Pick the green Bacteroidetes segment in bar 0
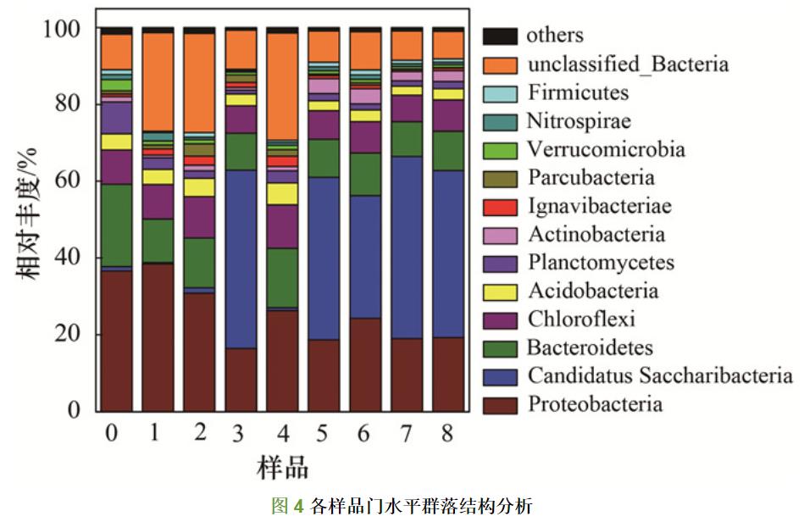click(x=116, y=225)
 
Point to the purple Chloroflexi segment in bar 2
click(x=199, y=217)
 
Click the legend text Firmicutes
click(x=578, y=92)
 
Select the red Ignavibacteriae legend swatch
click(x=500, y=207)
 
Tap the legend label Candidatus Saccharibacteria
click(x=660, y=375)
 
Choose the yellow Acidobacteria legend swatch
click(x=500, y=292)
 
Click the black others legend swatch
click(x=500, y=36)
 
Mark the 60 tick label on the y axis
click(x=63, y=180)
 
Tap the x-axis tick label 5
click(x=324, y=433)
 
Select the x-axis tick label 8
click(x=448, y=433)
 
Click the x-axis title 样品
click(x=282, y=467)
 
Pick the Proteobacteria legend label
click(x=595, y=404)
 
